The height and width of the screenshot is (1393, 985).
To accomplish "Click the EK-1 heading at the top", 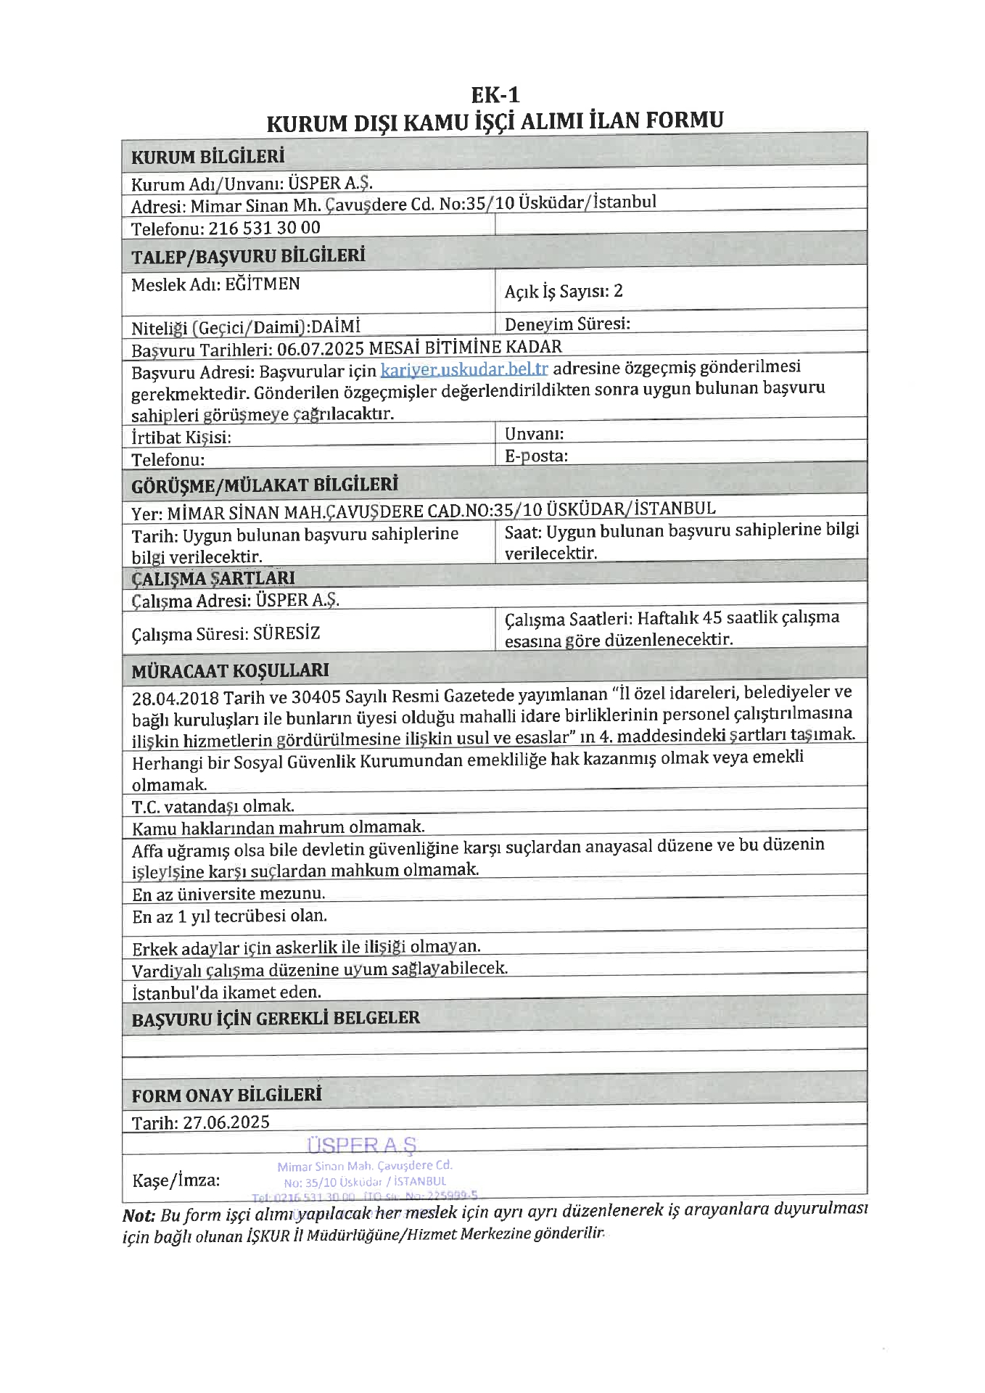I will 495,95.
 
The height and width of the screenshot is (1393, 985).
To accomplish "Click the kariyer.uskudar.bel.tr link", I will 463,369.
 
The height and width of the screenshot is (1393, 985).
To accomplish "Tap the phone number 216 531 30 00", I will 264,228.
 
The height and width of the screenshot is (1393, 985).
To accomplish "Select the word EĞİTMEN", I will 262,284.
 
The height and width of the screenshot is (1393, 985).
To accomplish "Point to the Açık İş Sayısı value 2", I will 618,291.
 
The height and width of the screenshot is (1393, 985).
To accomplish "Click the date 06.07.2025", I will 320,349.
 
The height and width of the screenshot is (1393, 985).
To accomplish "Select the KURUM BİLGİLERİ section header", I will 207,157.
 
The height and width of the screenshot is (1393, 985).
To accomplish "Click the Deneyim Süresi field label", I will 566,324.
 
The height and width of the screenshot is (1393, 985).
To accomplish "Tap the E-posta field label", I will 536,456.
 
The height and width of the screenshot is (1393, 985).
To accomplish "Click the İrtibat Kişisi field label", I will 181,437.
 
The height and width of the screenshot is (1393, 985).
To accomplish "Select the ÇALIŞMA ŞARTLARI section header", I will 213,578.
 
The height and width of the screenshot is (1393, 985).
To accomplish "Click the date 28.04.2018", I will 175,698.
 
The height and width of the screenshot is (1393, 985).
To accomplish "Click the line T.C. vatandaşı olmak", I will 213,806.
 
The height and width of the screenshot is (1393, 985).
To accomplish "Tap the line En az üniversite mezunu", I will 228,894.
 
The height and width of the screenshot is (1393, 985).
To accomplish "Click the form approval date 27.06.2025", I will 226,1122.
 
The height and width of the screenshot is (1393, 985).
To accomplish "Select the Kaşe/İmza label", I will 176,1180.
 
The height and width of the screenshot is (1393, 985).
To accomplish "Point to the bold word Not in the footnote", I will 139,1216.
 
